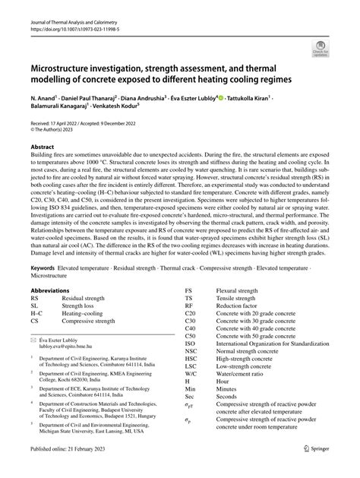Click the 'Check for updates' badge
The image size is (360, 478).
click(x=319, y=50)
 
